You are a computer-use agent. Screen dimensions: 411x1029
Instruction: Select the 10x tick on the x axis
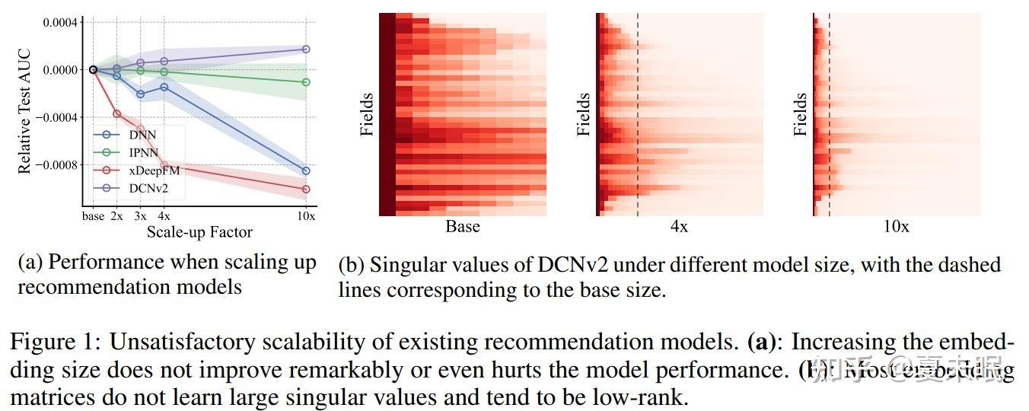coord(306,216)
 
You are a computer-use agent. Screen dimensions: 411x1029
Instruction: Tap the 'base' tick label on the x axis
coord(93,216)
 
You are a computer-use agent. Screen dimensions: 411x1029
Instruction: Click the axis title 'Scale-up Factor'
coord(199,231)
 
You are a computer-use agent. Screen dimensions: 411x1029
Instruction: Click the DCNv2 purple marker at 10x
coord(306,49)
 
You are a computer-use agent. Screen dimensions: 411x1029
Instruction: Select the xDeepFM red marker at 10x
coord(306,189)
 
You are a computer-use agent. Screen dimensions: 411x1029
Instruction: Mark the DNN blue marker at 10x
coord(306,170)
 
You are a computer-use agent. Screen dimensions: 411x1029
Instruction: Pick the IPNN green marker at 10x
coord(306,82)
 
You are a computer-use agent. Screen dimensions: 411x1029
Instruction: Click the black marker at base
coord(93,69)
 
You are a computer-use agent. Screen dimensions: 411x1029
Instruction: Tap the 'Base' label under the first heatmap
coord(462,227)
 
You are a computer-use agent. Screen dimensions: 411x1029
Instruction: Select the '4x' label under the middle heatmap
coord(679,227)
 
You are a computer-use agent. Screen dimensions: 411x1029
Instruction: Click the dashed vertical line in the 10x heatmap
coord(829,114)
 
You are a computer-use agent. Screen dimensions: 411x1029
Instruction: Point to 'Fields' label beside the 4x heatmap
coord(584,114)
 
